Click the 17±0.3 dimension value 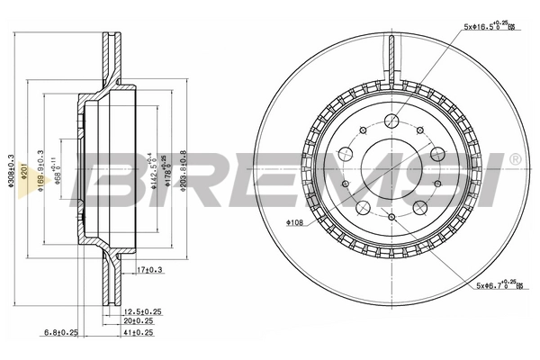coord(151,269)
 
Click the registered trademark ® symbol coord(514,160)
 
